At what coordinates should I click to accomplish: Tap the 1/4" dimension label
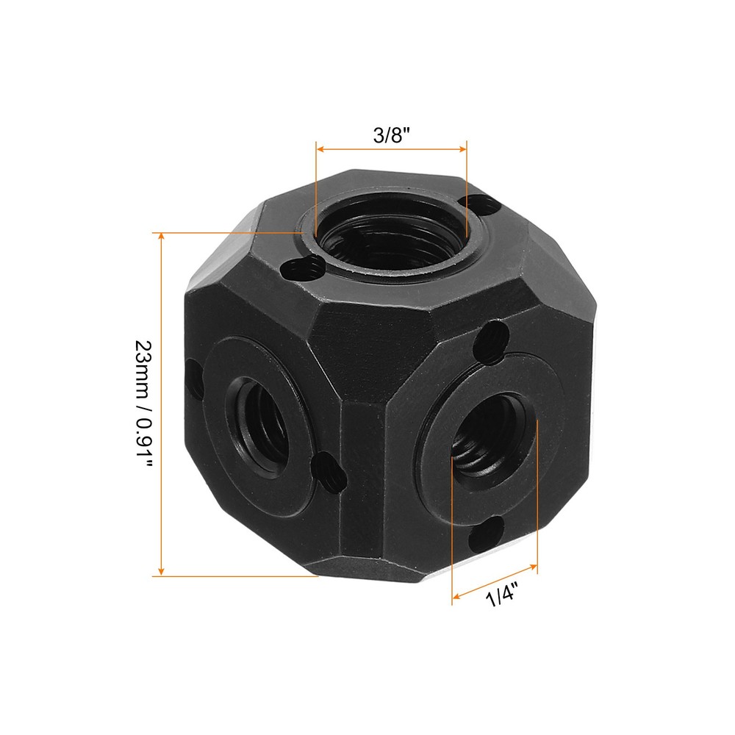[x=501, y=593]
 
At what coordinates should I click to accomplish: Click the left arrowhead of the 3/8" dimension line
[x=320, y=148]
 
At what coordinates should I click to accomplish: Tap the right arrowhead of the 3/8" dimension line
[x=463, y=148]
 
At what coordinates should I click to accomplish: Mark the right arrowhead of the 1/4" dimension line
[x=534, y=567]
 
